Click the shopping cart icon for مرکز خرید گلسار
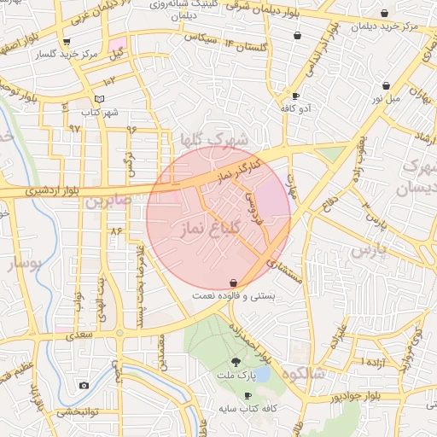[67, 41]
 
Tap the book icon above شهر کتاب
[100, 99]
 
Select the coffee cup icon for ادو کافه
[295, 96]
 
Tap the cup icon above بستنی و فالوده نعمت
[234, 282]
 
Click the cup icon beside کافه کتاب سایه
[248, 395]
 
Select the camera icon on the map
[84, 385]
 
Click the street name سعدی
[78, 335]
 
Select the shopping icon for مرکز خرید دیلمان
[385, 14]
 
